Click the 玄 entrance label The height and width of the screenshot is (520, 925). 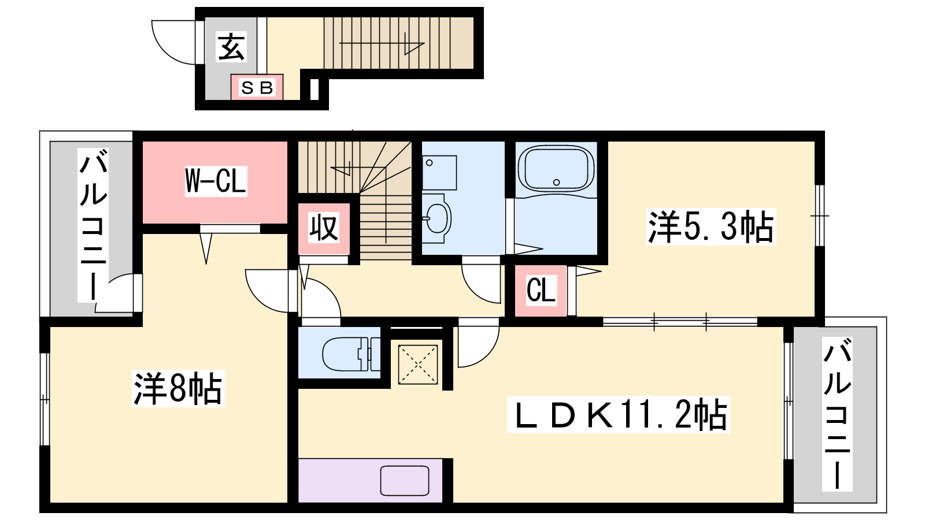231,47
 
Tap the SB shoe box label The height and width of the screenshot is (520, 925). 257,88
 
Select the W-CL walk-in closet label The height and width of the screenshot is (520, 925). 216,181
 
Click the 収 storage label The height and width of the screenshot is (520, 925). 324,228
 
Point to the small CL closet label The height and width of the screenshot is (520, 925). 541,291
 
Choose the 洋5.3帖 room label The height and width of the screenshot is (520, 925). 711,227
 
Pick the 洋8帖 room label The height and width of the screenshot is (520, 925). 178,389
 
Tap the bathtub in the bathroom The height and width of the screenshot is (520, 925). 556,168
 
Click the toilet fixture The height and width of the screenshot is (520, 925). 351,354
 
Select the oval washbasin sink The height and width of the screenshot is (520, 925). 437,218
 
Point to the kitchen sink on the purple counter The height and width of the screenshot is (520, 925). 405,480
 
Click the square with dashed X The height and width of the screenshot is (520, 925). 418,365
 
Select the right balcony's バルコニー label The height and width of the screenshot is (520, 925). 837,414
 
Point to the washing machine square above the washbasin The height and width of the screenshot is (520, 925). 439,173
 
